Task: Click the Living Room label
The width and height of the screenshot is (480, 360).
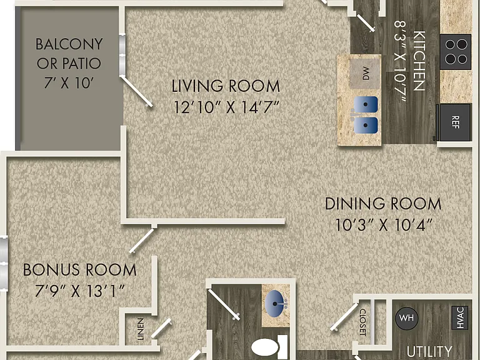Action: click(226, 86)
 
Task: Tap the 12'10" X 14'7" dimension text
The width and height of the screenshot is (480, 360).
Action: click(226, 107)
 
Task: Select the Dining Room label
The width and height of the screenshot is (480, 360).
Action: click(383, 204)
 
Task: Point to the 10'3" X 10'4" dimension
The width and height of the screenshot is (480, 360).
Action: click(384, 225)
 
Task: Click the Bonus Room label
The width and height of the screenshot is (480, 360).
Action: click(79, 270)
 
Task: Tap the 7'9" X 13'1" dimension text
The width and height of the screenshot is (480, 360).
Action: click(79, 291)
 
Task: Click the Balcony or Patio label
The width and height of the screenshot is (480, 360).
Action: click(69, 54)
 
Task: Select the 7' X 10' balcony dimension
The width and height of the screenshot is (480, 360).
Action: click(69, 82)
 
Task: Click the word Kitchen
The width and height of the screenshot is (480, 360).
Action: click(419, 60)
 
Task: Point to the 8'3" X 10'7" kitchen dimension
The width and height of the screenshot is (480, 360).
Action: click(400, 60)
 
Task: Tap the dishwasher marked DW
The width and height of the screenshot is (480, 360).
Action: click(365, 74)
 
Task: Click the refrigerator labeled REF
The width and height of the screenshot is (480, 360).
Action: click(454, 122)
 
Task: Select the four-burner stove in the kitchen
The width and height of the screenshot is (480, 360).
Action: click(456, 51)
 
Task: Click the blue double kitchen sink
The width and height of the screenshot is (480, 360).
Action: click(366, 115)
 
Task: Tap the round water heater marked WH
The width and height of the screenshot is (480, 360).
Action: click(406, 318)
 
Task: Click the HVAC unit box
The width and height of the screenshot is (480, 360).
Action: click(460, 317)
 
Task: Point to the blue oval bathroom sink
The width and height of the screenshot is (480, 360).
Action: click(275, 304)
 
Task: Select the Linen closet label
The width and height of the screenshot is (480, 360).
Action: click(140, 329)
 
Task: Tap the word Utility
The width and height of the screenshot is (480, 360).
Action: click(429, 351)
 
